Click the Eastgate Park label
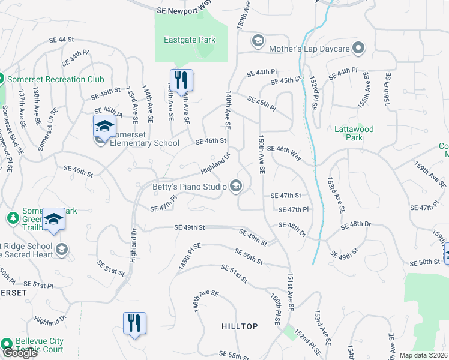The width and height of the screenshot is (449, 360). pos(190,40)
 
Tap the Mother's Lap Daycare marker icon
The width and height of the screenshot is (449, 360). pos(359,47)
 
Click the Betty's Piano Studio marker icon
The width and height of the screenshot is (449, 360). pos(236,187)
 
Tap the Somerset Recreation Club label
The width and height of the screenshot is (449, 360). pos(55,79)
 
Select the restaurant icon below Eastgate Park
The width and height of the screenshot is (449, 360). pos(181,80)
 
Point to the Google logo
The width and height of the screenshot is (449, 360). pos(19,353)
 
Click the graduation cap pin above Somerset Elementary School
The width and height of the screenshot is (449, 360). pos(104,127)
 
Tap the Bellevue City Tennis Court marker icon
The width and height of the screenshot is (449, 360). pos(7,344)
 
